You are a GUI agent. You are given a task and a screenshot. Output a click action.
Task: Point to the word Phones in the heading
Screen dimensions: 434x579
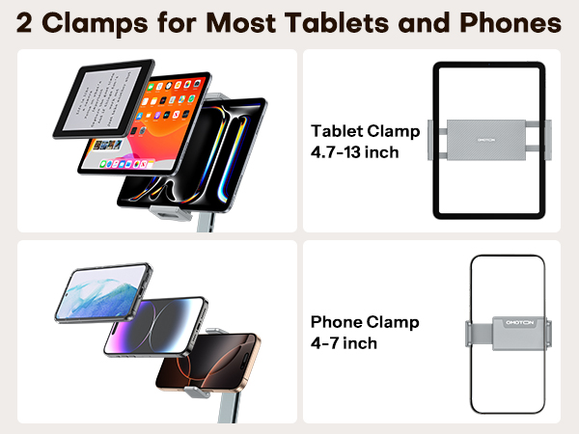click(513, 21)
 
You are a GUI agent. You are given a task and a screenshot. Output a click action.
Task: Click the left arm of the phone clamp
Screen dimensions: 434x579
click(473, 331)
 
